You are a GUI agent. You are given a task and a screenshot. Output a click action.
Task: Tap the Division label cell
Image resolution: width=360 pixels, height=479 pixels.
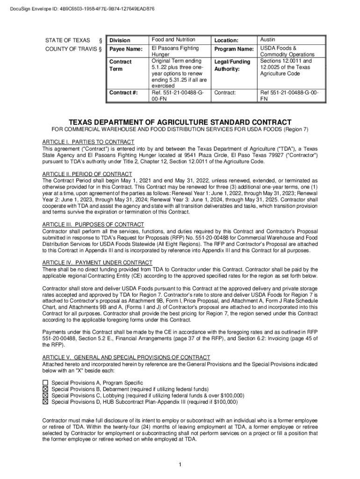point(120,40)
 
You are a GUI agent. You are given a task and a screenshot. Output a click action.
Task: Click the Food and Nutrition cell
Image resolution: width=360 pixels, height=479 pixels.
point(173,40)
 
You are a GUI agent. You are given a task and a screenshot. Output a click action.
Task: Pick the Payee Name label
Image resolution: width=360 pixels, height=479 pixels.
point(125,49)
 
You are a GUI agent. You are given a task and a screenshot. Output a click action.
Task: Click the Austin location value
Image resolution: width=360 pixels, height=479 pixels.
point(268,40)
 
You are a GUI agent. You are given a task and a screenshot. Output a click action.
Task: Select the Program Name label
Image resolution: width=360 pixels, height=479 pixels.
point(233,49)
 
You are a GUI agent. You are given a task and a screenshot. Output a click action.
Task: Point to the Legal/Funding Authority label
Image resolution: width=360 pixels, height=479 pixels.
point(232,65)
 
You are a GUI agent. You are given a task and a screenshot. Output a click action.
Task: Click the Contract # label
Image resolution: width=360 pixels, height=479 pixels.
point(123,93)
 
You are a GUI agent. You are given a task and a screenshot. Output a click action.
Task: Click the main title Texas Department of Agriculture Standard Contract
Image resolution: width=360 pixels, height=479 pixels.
point(180,122)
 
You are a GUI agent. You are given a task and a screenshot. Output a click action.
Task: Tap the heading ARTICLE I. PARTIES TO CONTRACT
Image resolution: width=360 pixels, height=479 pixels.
point(88,142)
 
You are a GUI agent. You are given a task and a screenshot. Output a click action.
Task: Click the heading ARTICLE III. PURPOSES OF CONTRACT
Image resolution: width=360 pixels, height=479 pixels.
point(93,225)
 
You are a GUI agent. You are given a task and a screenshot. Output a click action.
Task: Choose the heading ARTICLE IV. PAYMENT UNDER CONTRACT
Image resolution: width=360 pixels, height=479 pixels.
point(97,262)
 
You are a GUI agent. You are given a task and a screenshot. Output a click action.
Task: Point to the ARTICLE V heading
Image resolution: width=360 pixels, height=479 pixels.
point(126,357)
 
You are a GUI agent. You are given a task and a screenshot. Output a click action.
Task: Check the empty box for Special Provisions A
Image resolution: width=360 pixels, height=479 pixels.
point(45,383)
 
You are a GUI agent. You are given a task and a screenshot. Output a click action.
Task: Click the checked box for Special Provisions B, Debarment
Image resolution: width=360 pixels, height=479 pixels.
point(45,389)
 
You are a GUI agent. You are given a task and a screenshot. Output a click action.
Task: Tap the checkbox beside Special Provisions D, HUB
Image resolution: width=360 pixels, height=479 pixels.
point(45,401)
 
